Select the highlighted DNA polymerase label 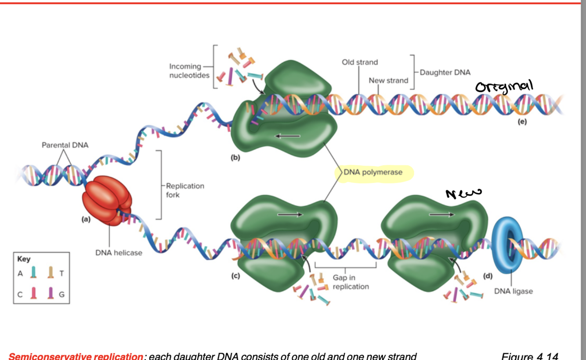point(373,172)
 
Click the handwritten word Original point(505,86)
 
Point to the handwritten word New point(463,192)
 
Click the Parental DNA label point(65,145)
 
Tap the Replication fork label point(184,190)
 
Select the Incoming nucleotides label point(185,71)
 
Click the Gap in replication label point(350,282)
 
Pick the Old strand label point(360,62)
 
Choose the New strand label point(388,80)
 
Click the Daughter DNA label point(445,73)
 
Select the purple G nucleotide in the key point(51,293)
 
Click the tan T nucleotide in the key point(51,273)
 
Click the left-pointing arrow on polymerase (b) point(287,136)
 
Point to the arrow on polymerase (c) point(290,215)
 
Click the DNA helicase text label point(119,253)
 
